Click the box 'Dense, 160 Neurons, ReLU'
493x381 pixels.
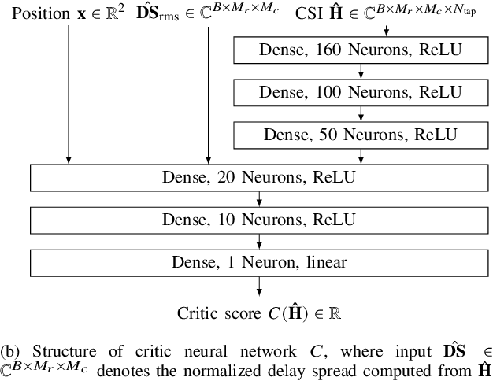point(360,50)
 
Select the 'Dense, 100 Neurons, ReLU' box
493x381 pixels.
point(360,92)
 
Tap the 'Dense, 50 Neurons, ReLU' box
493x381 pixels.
point(360,134)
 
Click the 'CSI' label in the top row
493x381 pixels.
point(310,14)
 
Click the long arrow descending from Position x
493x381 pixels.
point(69,94)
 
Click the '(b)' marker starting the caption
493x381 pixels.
point(10,350)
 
